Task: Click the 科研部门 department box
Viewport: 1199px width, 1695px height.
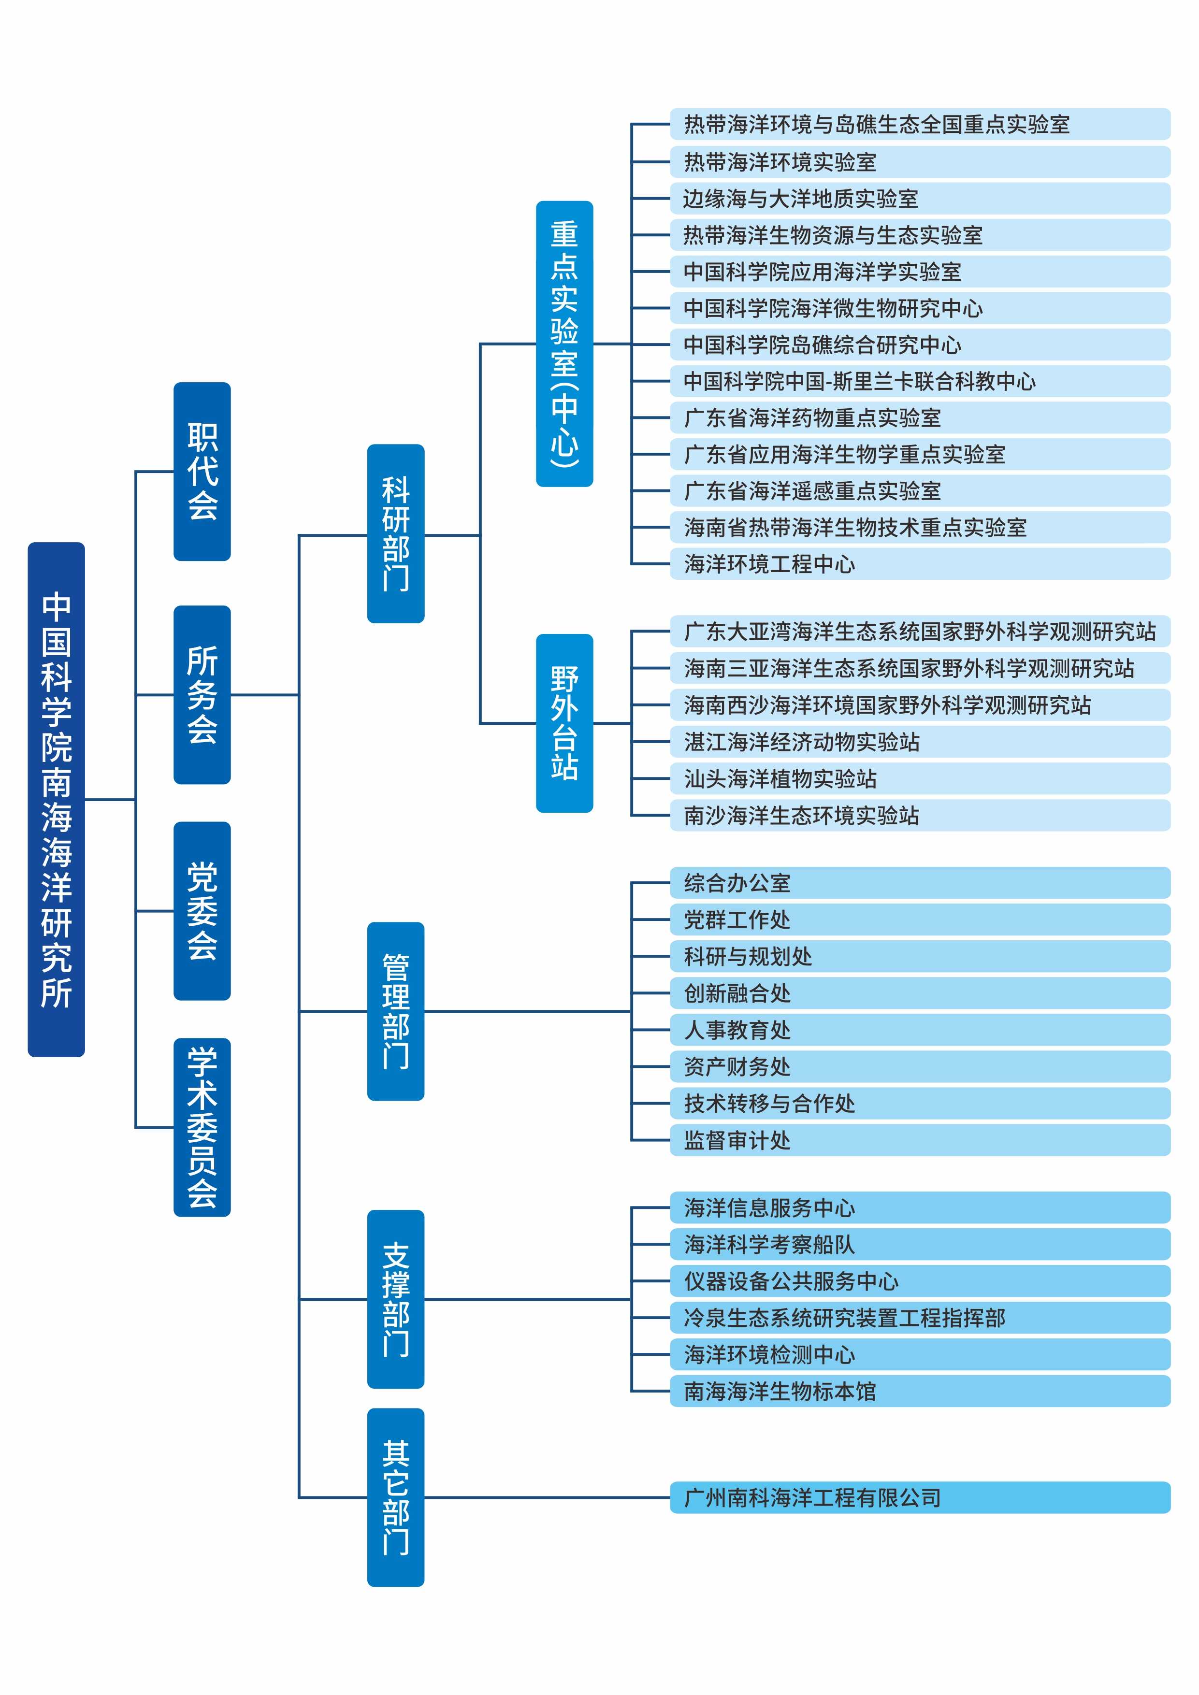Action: [x=396, y=534]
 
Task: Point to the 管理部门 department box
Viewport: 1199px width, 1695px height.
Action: [x=396, y=1011]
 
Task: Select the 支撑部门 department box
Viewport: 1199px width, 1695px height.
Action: [x=396, y=1299]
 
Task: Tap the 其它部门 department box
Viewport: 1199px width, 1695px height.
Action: [x=396, y=1497]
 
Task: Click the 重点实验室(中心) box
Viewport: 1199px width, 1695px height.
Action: [x=564, y=343]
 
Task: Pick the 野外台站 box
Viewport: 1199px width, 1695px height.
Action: [x=564, y=723]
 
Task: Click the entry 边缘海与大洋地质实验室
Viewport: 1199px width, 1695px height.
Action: [x=919, y=199]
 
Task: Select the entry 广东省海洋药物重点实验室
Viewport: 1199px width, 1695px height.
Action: [x=919, y=418]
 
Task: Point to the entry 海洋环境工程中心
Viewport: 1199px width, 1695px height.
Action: [x=919, y=564]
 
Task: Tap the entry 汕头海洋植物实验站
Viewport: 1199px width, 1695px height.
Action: [x=919, y=778]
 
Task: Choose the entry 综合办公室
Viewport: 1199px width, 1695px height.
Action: [x=919, y=883]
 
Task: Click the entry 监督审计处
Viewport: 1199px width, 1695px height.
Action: [x=919, y=1140]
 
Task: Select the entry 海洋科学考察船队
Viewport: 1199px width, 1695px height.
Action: [x=919, y=1245]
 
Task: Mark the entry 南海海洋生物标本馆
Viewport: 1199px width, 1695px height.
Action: [x=919, y=1391]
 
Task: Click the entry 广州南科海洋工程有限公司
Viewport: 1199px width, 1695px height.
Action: [x=919, y=1497]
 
